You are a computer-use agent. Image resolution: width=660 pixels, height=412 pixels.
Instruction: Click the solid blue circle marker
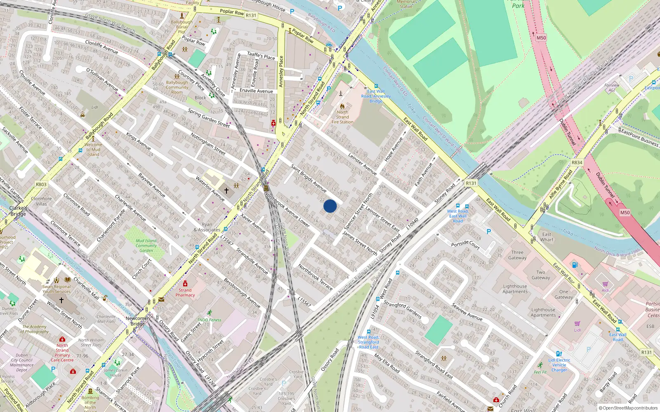click(x=330, y=206)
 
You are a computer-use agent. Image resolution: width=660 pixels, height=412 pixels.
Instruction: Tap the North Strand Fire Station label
click(x=342, y=117)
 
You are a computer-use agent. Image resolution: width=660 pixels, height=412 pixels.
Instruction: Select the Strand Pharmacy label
click(x=185, y=292)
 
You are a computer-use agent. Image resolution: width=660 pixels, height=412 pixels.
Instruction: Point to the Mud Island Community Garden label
click(x=146, y=246)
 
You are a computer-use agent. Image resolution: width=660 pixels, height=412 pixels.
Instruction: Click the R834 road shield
click(x=577, y=162)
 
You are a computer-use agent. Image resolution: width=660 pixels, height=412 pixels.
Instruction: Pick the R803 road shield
click(x=41, y=185)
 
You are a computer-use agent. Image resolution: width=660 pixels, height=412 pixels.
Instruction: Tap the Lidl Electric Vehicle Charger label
click(x=559, y=365)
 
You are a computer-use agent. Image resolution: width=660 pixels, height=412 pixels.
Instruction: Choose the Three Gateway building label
click(x=517, y=255)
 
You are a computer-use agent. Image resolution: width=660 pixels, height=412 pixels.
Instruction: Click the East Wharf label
click(x=547, y=237)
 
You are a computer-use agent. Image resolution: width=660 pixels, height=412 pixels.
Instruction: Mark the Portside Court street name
click(x=465, y=244)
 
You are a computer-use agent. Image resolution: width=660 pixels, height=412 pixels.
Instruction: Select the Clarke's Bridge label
click(x=18, y=211)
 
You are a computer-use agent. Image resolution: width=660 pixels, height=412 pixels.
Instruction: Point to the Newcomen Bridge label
click(x=138, y=321)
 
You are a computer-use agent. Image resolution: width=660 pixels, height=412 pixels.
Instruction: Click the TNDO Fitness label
click(x=209, y=320)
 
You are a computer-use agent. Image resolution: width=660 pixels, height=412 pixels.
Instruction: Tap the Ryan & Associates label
click(x=207, y=227)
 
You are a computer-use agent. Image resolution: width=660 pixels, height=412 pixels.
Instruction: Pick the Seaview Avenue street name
click(x=467, y=312)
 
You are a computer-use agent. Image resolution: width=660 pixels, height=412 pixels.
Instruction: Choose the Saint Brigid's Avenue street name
click(x=309, y=178)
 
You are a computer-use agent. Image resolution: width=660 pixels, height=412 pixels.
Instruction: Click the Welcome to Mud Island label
click(x=93, y=150)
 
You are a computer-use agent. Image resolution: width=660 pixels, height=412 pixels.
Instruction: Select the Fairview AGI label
click(x=612, y=88)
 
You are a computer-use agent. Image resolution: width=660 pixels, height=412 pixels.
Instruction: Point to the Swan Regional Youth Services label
click(x=57, y=289)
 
